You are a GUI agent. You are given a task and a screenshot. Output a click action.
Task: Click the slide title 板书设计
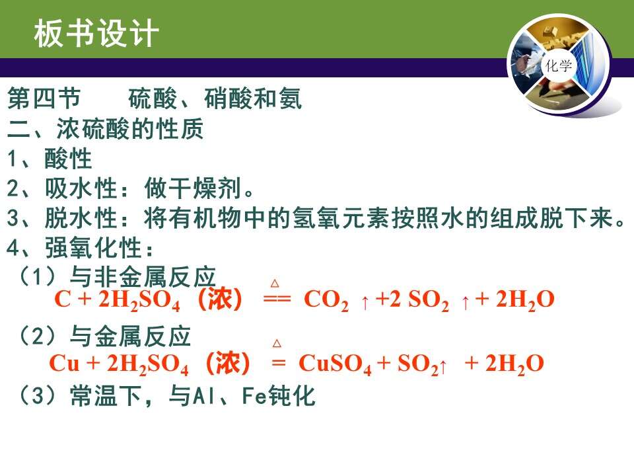pos(96,33)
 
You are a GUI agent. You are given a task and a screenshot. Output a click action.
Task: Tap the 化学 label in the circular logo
pos(559,65)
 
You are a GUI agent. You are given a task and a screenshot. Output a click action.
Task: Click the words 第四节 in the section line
pos(44,99)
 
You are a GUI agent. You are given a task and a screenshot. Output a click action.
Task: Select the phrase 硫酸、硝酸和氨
pos(215,99)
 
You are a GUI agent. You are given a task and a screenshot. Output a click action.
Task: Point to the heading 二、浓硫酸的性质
pos(105,129)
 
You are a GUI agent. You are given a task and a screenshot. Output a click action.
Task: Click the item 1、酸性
pos(50,158)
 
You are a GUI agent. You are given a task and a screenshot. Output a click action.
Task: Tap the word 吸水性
pos(81,188)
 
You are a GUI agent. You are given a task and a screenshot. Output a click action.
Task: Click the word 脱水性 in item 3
pos(81,218)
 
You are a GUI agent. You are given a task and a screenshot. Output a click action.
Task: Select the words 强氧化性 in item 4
pos(93,248)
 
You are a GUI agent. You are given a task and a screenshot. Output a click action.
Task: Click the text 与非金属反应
pos(143,277)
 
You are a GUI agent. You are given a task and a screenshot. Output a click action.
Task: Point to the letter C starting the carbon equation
pos(63,299)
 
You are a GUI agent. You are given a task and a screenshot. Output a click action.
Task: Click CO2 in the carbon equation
pos(326,301)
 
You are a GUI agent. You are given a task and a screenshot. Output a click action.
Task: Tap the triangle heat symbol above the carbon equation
pos(275,283)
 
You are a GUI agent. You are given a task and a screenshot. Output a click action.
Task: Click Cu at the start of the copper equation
pos(64,363)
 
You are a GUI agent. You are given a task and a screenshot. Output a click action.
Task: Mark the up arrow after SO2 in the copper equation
pos(443,367)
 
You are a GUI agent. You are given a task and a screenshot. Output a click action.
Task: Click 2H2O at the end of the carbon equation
pos(525,301)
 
